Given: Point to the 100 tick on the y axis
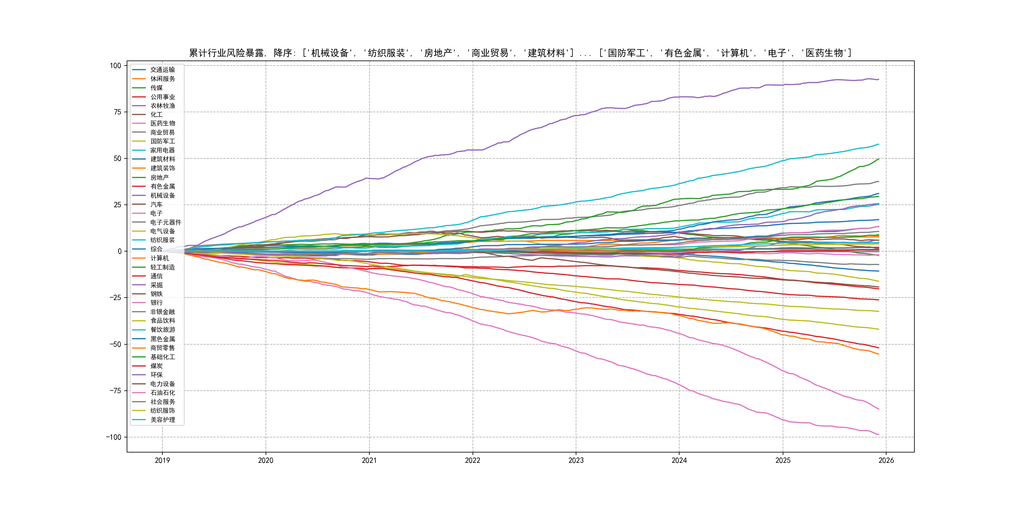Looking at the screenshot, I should [x=116, y=66].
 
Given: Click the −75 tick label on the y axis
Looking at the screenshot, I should [x=114, y=391].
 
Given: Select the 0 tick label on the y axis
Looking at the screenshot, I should [x=119, y=251].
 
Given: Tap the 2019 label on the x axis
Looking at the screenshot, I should [x=162, y=460].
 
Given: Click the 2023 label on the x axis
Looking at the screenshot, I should [x=576, y=460].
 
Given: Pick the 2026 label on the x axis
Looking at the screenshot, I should [x=886, y=460].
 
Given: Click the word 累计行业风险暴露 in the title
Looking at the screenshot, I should [x=227, y=53].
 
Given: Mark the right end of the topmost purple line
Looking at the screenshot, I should [x=879, y=79].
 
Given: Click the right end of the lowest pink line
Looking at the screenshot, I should [x=879, y=434].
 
